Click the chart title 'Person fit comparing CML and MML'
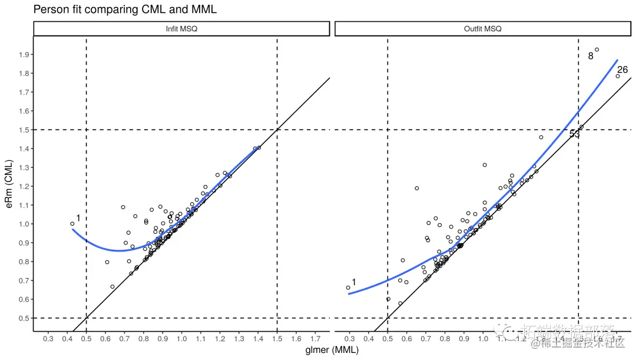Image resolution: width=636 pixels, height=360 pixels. (125, 9)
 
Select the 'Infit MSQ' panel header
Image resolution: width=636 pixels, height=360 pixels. (181, 29)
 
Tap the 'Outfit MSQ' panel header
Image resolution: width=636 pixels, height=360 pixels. (483, 29)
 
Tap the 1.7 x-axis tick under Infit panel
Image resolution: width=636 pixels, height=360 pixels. (315, 339)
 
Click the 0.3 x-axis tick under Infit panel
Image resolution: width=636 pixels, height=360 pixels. (48, 339)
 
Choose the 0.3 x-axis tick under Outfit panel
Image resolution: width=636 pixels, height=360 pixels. (350, 339)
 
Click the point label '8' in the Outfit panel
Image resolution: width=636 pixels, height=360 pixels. (591, 57)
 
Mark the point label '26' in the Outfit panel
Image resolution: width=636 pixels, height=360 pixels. (622, 70)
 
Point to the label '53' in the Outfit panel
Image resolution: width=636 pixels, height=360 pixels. (575, 134)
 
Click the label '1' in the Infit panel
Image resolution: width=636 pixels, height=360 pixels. (78, 219)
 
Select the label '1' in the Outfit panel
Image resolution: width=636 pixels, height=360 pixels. (354, 282)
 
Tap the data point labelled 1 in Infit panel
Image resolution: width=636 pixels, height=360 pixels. (72, 224)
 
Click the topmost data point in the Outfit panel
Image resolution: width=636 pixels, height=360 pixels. (597, 50)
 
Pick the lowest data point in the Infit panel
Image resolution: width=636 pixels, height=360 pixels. (112, 287)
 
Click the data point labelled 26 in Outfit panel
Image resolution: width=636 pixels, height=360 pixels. (618, 76)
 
